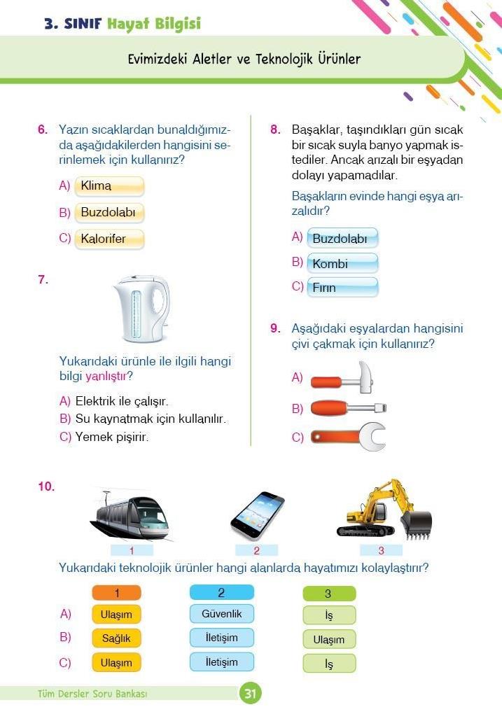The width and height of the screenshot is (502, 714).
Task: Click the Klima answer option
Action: point(109,186)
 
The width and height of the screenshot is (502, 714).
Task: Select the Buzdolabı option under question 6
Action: point(109,212)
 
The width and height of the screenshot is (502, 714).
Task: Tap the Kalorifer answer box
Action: point(109,239)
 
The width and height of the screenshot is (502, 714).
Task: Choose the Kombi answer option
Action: point(342,264)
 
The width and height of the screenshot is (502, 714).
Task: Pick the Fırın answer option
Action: point(342,288)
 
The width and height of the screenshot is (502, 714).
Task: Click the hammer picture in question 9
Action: point(343,378)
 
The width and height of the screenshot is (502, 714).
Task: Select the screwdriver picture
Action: point(347,407)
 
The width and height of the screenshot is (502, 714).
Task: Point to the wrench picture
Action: point(347,437)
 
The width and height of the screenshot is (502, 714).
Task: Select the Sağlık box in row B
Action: point(116,638)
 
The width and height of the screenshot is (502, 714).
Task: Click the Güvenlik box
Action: point(221,614)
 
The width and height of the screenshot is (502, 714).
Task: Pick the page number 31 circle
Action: point(250,694)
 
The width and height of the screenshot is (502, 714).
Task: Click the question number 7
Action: point(43,280)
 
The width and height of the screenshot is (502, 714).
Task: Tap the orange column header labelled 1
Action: point(116,593)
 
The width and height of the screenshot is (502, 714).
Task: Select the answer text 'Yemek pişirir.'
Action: point(112,437)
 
